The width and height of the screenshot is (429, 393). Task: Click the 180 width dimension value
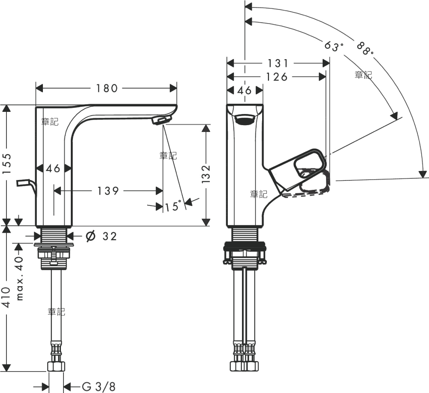pyautogui.click(x=107, y=88)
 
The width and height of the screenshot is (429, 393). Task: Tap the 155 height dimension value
pyautogui.click(x=6, y=163)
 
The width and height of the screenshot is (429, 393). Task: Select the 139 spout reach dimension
pyautogui.click(x=108, y=191)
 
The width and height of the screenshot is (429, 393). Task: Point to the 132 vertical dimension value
pyautogui.click(x=206, y=174)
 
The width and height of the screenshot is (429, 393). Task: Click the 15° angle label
pyautogui.click(x=173, y=206)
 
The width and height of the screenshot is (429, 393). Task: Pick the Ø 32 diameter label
pyautogui.click(x=101, y=236)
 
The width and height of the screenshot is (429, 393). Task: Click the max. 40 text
pyautogui.click(x=19, y=278)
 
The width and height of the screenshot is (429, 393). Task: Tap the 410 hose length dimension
pyautogui.click(x=6, y=297)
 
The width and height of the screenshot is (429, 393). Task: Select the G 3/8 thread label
pyautogui.click(x=99, y=387)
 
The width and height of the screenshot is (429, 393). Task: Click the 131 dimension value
pyautogui.click(x=278, y=63)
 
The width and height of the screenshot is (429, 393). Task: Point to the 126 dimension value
pyautogui.click(x=277, y=77)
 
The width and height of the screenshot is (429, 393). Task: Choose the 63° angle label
pyautogui.click(x=334, y=46)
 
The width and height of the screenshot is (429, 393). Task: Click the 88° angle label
pyautogui.click(x=365, y=48)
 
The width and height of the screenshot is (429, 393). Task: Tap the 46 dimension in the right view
pyautogui.click(x=245, y=90)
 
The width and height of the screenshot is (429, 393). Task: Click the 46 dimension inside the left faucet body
pyautogui.click(x=53, y=168)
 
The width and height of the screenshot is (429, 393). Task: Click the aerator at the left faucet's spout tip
pyautogui.click(x=162, y=120)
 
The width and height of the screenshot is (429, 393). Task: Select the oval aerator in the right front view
pyautogui.click(x=245, y=120)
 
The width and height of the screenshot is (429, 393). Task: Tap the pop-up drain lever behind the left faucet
pyautogui.click(x=26, y=186)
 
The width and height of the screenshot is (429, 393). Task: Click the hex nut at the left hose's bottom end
pyautogui.click(x=56, y=366)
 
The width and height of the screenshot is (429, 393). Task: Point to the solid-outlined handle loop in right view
pyautogui.click(x=310, y=164)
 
